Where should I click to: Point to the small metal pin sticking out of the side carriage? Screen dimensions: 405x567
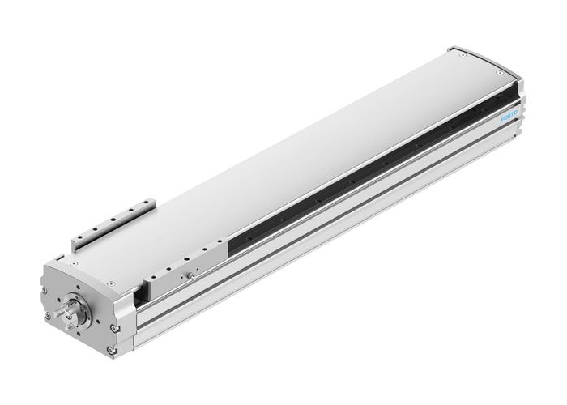[191, 275]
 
